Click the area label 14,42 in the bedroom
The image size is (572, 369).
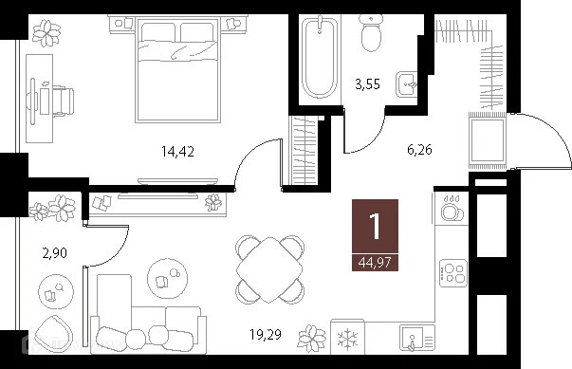point(178,148)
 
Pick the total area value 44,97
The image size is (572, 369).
point(376,262)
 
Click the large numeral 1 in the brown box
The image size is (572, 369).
point(376,228)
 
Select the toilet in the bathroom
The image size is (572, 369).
point(371,35)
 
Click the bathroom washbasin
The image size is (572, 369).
point(409,82)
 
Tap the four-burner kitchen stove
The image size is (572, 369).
point(453,273)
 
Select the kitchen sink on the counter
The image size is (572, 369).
point(412,336)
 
